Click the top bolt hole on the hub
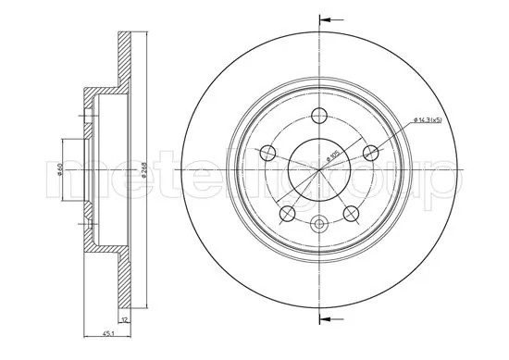tap(319, 115)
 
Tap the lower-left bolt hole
tap(287, 215)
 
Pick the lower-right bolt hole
tap(352, 215)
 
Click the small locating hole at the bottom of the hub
tap(319, 223)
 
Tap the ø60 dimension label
tap(58, 171)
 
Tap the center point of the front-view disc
tap(319, 171)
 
